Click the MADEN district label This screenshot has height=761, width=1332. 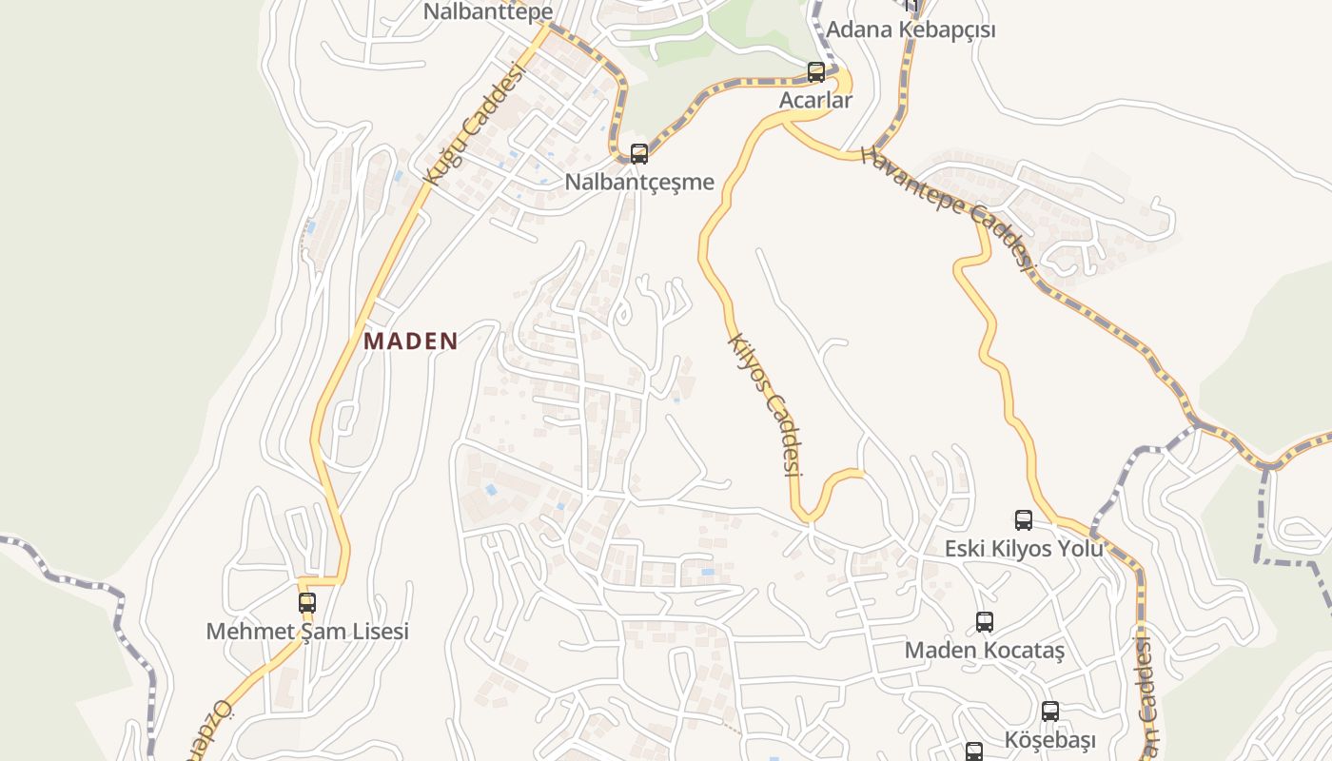[411, 341]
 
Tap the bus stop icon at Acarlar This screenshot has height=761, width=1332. [815, 71]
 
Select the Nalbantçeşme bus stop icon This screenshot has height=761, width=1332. [639, 153]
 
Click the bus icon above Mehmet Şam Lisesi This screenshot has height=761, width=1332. [306, 602]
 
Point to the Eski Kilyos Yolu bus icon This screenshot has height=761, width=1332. [1024, 520]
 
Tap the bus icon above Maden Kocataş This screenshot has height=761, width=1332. [985, 622]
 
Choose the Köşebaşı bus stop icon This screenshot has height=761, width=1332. [1050, 712]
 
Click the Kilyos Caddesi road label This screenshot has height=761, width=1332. [765, 403]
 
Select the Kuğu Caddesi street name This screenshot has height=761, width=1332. [475, 124]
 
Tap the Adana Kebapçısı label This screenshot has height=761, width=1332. [911, 29]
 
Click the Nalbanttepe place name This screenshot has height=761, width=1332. [488, 11]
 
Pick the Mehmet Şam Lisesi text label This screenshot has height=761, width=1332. [307, 631]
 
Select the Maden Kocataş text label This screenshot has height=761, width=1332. [984, 651]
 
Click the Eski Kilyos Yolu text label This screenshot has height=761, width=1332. [1024, 549]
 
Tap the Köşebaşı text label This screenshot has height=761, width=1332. [1050, 740]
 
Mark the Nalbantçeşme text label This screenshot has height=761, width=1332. [639, 182]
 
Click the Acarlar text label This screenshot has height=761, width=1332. [815, 99]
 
